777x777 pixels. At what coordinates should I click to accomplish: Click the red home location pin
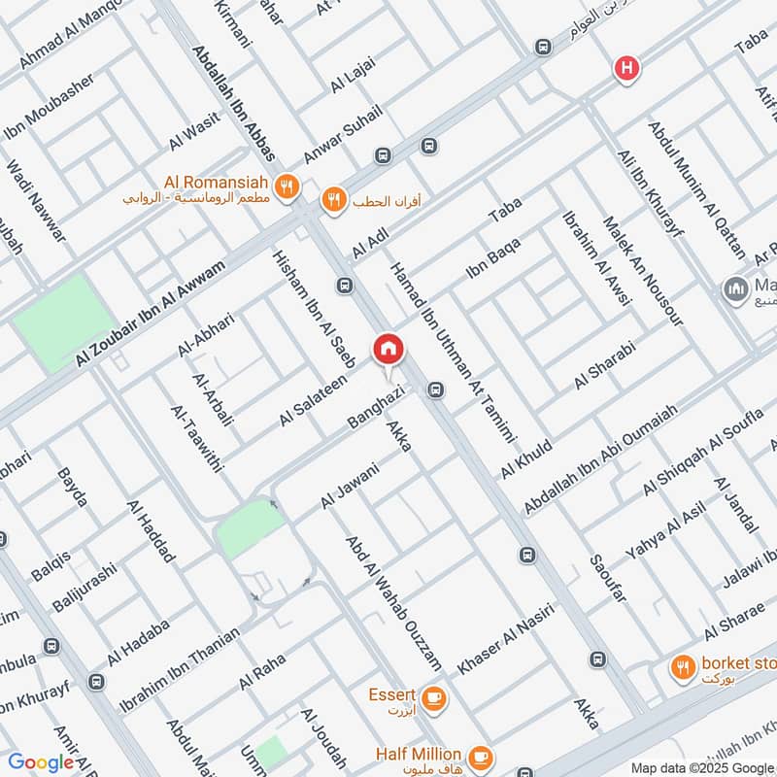pos(388,348)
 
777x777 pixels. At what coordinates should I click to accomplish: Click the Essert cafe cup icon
pos(434,696)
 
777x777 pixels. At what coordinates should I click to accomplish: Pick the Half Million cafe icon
pos(479,756)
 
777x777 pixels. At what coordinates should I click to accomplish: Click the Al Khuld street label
pos(526,459)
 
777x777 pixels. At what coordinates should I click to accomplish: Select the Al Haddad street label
pos(152,531)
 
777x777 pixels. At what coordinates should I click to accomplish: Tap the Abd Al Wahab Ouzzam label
pos(394,602)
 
